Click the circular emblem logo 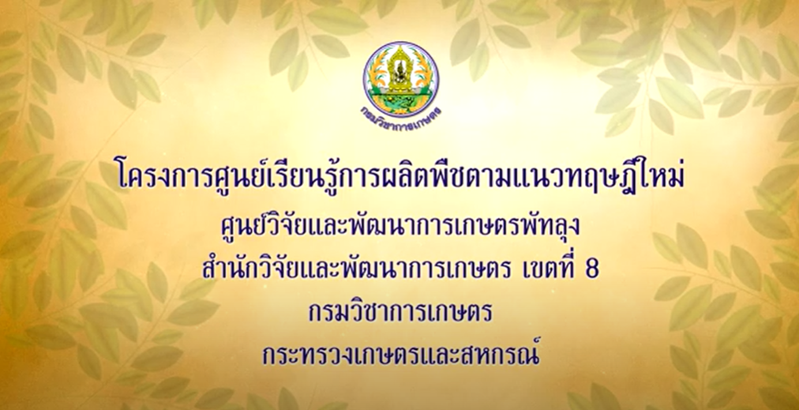click(x=400, y=79)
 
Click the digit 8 click(x=593, y=269)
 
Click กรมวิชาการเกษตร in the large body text click(x=400, y=312)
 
